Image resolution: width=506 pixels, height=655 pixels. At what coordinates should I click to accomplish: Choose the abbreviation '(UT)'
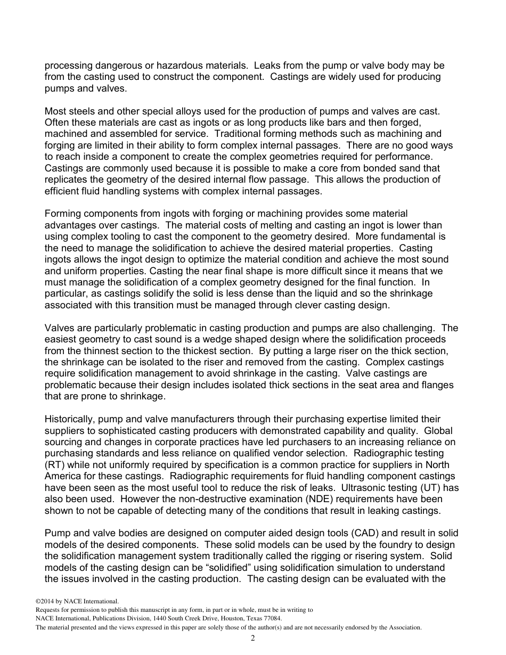[435, 488]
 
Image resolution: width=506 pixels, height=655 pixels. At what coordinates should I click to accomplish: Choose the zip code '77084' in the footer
[270, 618]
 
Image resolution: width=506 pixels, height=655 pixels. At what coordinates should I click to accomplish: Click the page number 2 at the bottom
[253, 638]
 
